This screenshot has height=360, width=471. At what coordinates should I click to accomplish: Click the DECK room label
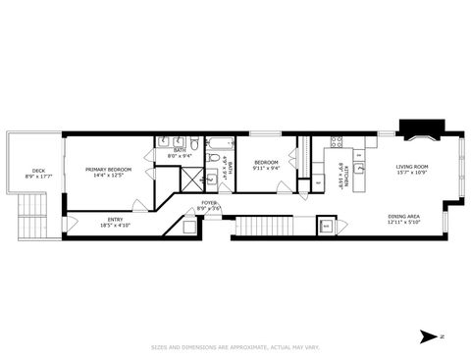coord(38,170)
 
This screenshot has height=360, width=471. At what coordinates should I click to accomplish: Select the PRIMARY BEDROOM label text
coord(108,170)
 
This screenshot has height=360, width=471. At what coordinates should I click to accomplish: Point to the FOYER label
coord(209,202)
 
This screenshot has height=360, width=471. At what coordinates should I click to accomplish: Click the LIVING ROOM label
coord(413,168)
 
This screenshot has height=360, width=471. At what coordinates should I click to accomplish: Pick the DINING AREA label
coord(403,217)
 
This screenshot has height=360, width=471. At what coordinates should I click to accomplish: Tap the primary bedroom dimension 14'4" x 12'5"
coord(108,176)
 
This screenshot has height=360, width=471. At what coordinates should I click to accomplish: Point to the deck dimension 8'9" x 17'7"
coord(38,177)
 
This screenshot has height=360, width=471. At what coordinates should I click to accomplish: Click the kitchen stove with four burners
coord(337,143)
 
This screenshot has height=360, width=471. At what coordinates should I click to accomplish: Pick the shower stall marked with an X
coord(208,179)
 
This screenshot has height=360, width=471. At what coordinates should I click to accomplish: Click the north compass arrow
coord(427,336)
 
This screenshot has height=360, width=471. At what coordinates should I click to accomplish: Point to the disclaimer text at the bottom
coord(235,345)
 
